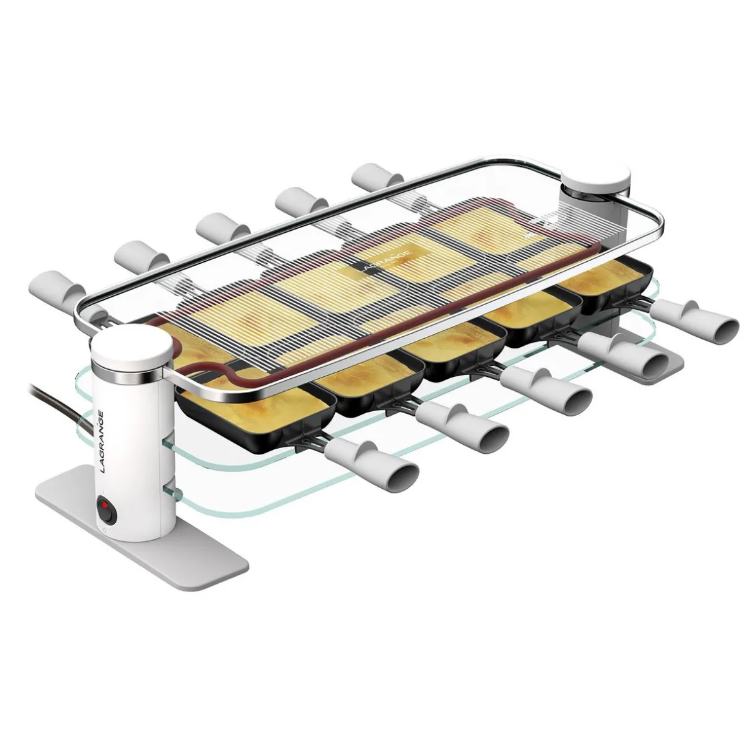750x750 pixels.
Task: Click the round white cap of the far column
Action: point(597,181)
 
